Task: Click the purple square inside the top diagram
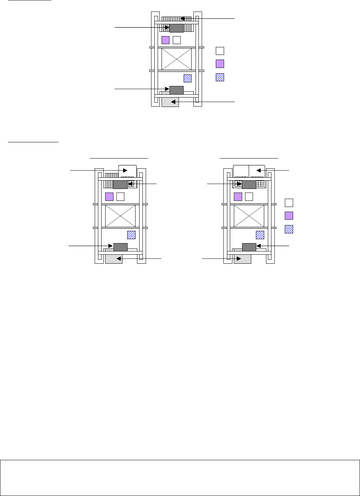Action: pyautogui.click(x=166, y=40)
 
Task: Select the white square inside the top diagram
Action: pyautogui.click(x=177, y=40)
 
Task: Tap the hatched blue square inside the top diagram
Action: pyautogui.click(x=188, y=78)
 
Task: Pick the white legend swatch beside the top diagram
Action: pyautogui.click(x=220, y=51)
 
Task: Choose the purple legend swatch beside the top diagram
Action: pyautogui.click(x=220, y=64)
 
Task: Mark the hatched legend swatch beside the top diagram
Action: pyautogui.click(x=220, y=77)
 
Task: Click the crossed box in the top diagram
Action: pyautogui.click(x=176, y=59)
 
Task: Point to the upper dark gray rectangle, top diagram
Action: pyautogui.click(x=176, y=28)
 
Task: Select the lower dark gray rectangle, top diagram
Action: pyautogui.click(x=176, y=90)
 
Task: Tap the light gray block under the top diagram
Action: pyautogui.click(x=170, y=102)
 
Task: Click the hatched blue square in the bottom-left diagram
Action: pyautogui.click(x=131, y=235)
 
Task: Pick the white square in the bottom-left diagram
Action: pyautogui.click(x=120, y=197)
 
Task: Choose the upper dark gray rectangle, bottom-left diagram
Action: pyautogui.click(x=120, y=185)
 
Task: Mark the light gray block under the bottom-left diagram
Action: pyautogui.click(x=113, y=259)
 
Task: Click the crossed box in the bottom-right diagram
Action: pyautogui.click(x=249, y=216)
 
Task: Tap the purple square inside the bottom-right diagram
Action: pyautogui.click(x=238, y=197)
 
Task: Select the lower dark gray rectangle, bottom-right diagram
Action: pyautogui.click(x=249, y=247)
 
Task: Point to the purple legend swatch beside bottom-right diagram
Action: pyautogui.click(x=289, y=216)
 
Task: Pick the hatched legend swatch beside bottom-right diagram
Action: pyautogui.click(x=289, y=229)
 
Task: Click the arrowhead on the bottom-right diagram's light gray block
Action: pyautogui.click(x=239, y=259)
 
